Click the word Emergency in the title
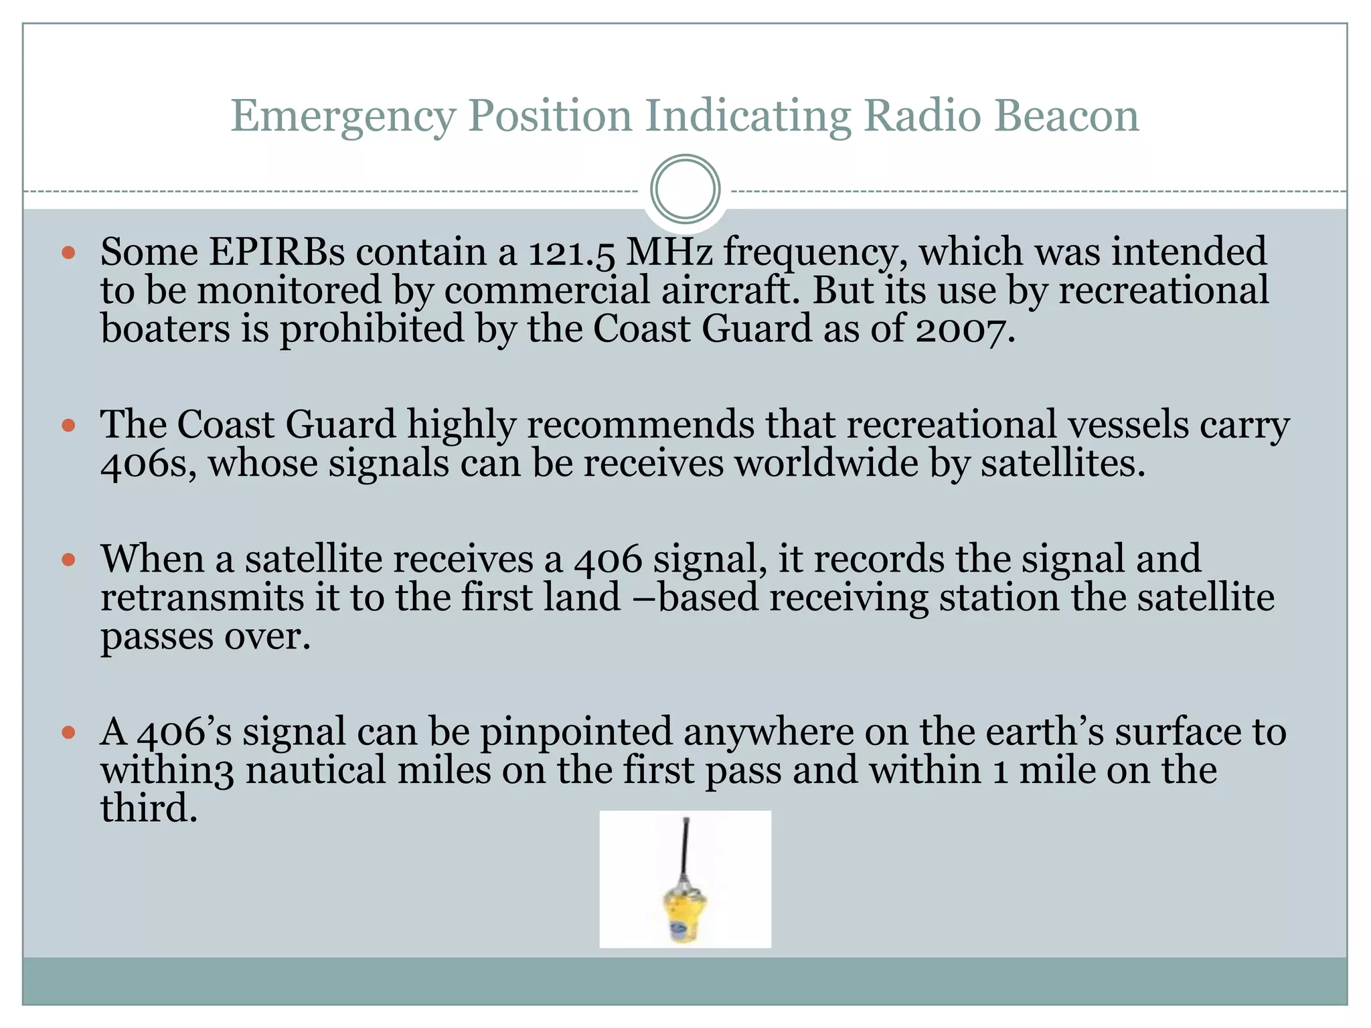click(343, 116)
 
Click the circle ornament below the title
click(685, 189)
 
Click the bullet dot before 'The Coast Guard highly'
click(68, 426)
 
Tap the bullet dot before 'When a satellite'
click(68, 560)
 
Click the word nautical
click(315, 770)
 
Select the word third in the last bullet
click(149, 808)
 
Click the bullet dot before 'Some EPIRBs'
click(68, 253)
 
